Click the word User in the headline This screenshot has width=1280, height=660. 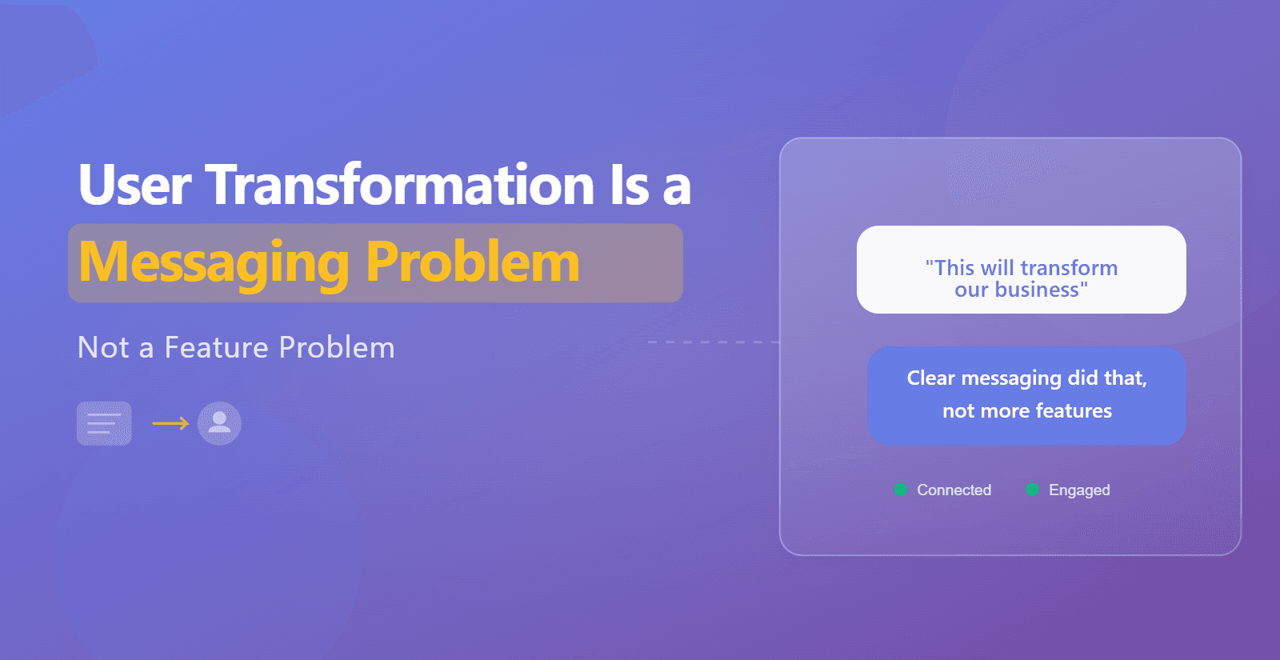click(x=134, y=184)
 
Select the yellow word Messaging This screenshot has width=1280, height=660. click(x=214, y=264)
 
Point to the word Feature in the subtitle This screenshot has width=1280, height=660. click(x=216, y=347)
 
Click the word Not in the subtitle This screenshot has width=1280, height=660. click(x=103, y=347)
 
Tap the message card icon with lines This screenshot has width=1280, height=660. click(x=104, y=423)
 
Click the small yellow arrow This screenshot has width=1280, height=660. click(x=171, y=423)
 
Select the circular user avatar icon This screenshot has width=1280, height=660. click(x=219, y=423)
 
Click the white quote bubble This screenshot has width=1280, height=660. click(x=1021, y=270)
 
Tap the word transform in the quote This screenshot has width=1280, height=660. click(x=1069, y=267)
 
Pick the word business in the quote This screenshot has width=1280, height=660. click(x=1037, y=289)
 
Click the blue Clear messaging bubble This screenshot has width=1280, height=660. click(x=1026, y=395)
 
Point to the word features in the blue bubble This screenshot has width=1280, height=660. click(x=1074, y=410)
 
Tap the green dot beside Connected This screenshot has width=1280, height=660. click(x=901, y=490)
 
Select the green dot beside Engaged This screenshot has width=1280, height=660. click(x=1032, y=490)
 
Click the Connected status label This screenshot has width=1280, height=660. click(x=954, y=490)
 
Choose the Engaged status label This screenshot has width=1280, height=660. click(x=1079, y=490)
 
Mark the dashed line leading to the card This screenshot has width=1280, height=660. click(x=714, y=342)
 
